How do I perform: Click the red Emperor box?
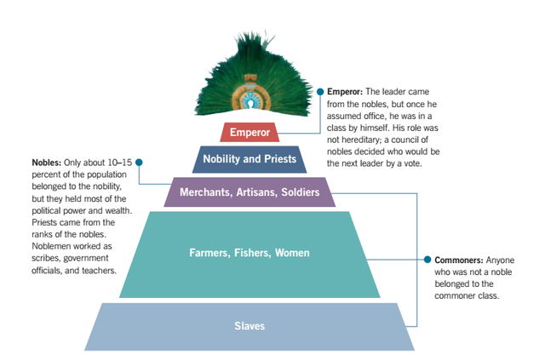(x=249, y=133)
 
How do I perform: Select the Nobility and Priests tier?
(x=250, y=159)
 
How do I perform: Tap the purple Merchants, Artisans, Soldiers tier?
(x=250, y=192)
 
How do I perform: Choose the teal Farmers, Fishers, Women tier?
(x=250, y=253)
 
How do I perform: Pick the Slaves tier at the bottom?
(x=250, y=326)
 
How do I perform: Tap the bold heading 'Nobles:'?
(x=46, y=162)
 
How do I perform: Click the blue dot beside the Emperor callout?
(x=319, y=90)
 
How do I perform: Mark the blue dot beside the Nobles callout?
(x=139, y=162)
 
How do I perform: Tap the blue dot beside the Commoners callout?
(x=427, y=260)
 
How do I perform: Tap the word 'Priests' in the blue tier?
(x=278, y=159)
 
